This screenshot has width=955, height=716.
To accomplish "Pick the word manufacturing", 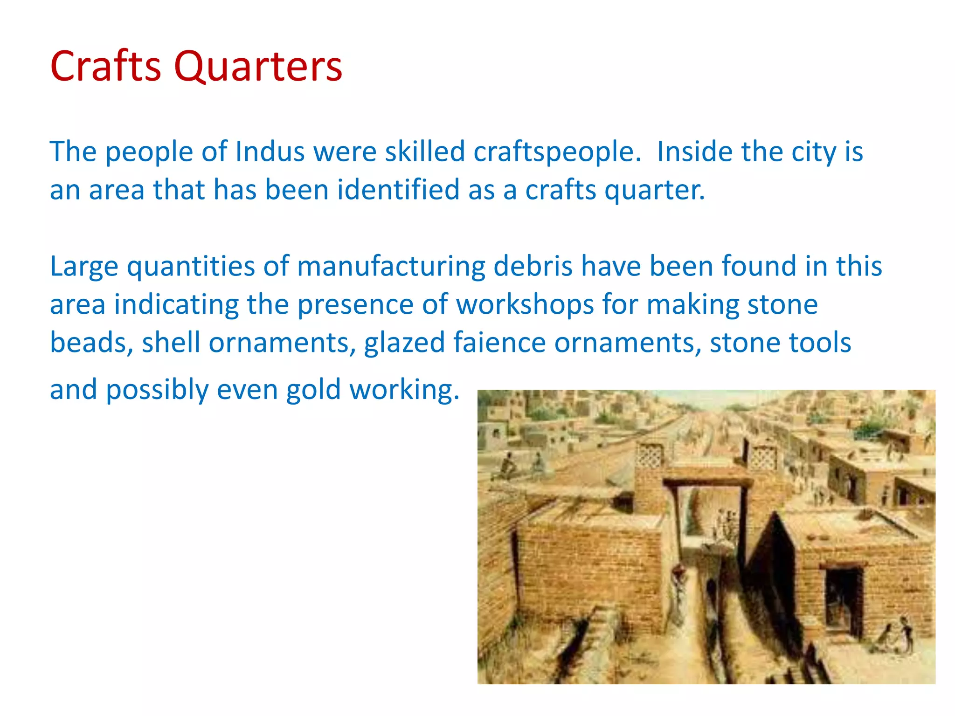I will (391, 267).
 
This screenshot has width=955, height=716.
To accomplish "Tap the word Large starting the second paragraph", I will (84, 267).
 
